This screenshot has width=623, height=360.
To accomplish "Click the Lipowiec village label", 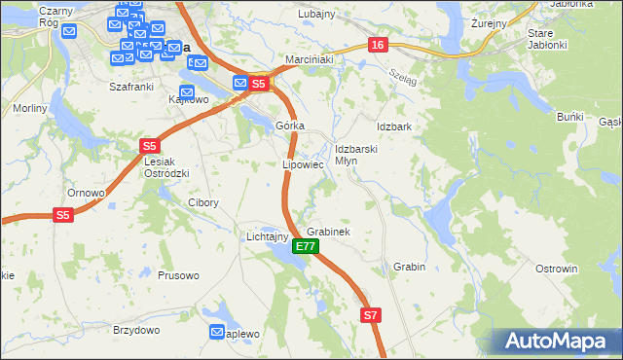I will [303, 164].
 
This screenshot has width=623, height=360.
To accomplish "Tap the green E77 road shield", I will [305, 247].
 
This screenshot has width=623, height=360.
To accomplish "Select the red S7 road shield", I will [371, 315].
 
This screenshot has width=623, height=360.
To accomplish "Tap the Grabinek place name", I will [328, 233].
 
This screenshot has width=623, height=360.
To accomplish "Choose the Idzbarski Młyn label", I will [355, 155].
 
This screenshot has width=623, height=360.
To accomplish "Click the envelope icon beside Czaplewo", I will [216, 333].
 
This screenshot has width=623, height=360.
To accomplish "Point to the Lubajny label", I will [315, 14].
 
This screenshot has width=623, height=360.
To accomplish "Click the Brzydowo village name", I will [135, 330].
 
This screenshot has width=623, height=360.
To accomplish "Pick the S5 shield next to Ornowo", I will [63, 214].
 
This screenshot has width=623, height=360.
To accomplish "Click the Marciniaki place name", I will [310, 60].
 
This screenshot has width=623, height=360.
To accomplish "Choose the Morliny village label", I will [30, 108].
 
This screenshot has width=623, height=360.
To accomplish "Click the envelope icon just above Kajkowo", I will [185, 90].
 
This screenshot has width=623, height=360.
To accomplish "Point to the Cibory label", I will [202, 203].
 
